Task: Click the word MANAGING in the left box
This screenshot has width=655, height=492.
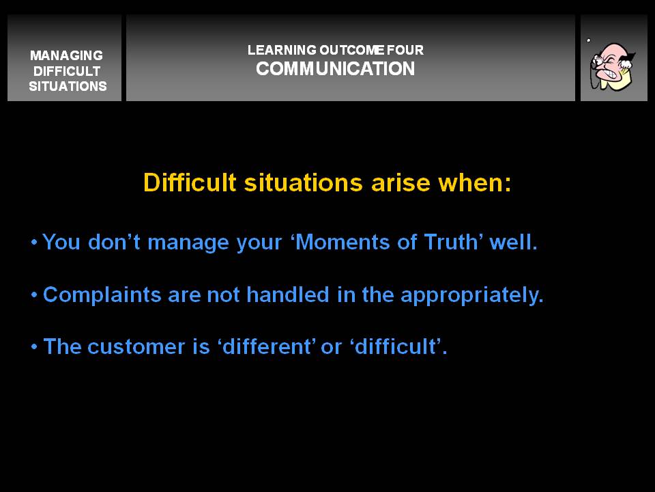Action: [x=66, y=55]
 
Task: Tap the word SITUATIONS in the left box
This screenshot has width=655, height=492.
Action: [x=68, y=86]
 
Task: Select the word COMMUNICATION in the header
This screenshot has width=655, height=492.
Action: [x=336, y=68]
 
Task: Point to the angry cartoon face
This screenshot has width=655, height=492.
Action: [x=613, y=66]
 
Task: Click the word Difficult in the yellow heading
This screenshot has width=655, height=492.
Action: [x=190, y=182]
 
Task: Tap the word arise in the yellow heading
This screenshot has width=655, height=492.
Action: [x=401, y=183]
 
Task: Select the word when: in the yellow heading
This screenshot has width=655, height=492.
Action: [x=475, y=183]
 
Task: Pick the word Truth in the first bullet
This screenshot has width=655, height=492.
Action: [x=451, y=242]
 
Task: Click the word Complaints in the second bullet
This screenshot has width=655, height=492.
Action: [x=102, y=295]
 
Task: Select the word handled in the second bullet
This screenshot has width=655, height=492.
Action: [x=288, y=295]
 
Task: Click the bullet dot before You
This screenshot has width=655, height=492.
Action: [x=34, y=242]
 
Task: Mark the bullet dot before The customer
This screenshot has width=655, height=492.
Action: [x=34, y=346]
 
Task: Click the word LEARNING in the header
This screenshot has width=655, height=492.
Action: [x=282, y=50]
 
